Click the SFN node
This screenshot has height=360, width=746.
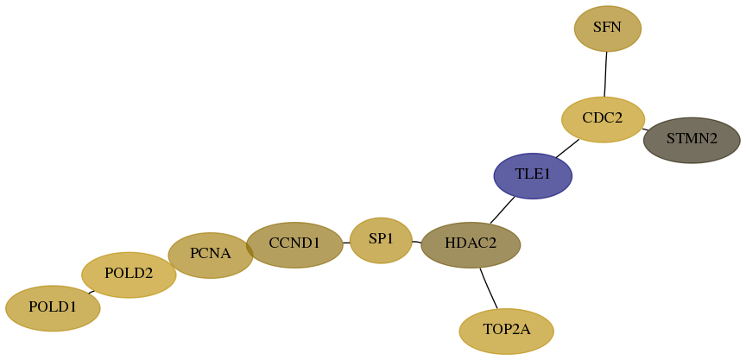[x=608, y=28]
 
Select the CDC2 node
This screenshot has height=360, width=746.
[x=603, y=119]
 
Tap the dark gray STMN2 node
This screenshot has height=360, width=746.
[x=692, y=141]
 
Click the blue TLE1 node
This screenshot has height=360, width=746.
[x=533, y=176]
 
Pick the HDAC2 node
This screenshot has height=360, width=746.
[x=471, y=245]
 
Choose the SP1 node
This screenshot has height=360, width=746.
[x=381, y=241]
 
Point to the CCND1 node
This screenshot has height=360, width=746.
[x=294, y=245]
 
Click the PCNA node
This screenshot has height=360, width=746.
[x=211, y=256]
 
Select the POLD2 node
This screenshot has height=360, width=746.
[x=129, y=275]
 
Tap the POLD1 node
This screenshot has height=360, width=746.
[x=53, y=308]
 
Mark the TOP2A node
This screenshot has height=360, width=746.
[x=506, y=332]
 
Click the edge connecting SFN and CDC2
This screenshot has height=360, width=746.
[x=605, y=74]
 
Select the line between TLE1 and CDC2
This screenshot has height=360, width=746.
[x=567, y=148]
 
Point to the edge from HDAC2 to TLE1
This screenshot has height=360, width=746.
[x=503, y=210]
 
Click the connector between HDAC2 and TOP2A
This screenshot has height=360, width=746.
[x=489, y=288]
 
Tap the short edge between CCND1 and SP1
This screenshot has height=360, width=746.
[x=346, y=243]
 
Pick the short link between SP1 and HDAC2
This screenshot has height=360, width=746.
[x=416, y=242]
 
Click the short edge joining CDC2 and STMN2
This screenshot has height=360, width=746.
[x=645, y=129]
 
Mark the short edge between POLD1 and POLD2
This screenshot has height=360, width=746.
[x=91, y=292]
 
